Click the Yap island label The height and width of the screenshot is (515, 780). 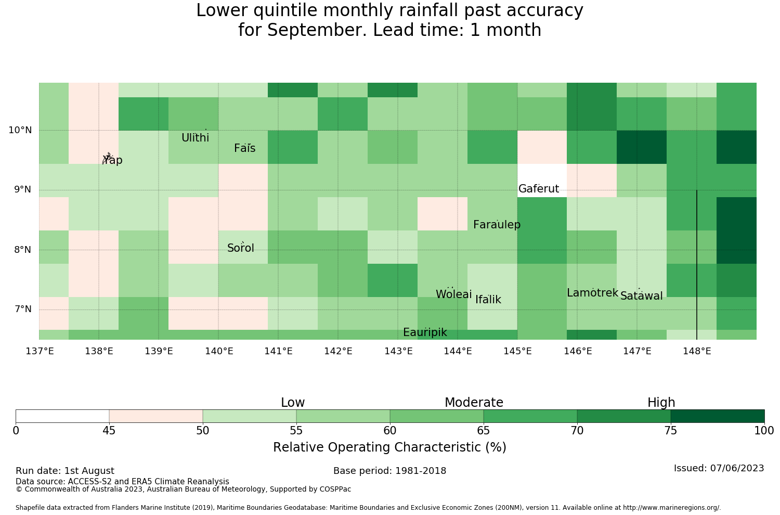click(x=112, y=160)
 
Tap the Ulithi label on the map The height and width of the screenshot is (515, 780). click(x=195, y=138)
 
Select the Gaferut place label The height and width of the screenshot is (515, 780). click(x=538, y=188)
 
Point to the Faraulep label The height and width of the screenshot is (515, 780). click(x=497, y=225)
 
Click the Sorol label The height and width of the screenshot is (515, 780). click(x=240, y=248)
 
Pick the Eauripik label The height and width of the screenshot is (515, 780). click(x=425, y=332)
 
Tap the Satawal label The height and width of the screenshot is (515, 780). click(x=641, y=296)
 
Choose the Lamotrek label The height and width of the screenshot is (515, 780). click(x=592, y=293)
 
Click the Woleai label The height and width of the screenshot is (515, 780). click(x=454, y=294)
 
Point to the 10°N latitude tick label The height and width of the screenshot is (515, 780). click(x=20, y=130)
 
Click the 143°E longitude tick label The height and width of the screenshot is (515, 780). click(x=398, y=351)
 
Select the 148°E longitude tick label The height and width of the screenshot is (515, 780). click(x=697, y=351)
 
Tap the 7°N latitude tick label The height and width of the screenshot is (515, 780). click(x=23, y=309)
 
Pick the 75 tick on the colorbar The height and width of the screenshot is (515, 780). click(x=671, y=431)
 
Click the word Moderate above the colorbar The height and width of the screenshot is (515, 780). click(x=474, y=403)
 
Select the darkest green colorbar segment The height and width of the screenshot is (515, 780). click(x=717, y=416)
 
